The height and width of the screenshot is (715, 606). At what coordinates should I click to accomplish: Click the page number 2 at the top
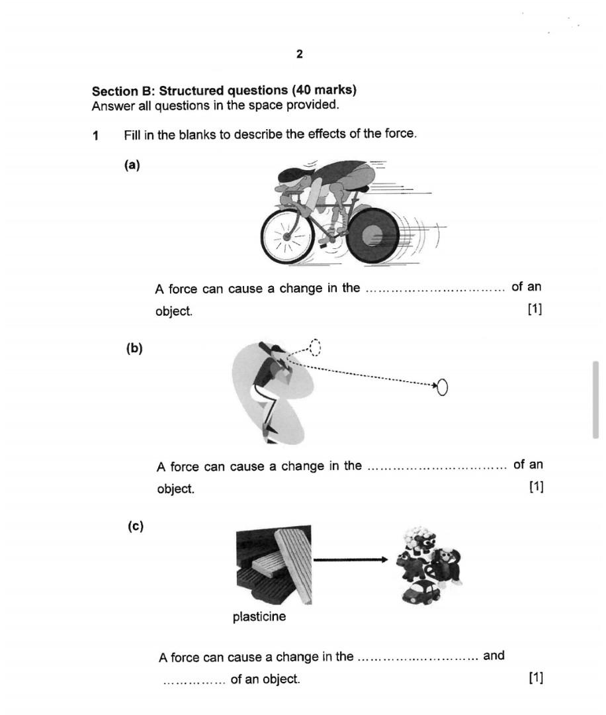[300, 54]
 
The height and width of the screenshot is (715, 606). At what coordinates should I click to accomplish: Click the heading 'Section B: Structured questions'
[224, 91]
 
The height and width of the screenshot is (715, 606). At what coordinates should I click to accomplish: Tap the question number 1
[96, 136]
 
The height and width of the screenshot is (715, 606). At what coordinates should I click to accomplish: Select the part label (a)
[132, 166]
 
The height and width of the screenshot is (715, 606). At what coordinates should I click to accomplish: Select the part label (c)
[136, 526]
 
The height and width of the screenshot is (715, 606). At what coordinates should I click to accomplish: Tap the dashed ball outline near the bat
[315, 347]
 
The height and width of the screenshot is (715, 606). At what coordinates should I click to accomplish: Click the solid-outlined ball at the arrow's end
[443, 387]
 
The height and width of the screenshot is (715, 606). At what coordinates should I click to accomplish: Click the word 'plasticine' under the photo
[259, 617]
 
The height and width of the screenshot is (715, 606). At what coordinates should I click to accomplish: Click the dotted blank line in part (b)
[437, 467]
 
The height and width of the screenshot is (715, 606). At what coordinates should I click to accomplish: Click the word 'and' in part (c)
[494, 655]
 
